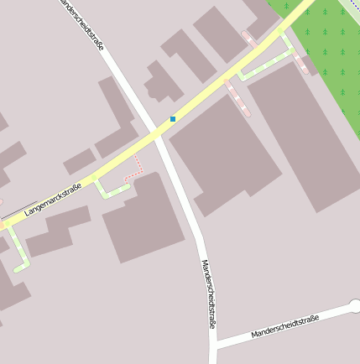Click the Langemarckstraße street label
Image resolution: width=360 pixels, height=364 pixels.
click(52, 200)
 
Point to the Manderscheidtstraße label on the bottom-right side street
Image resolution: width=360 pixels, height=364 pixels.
click(285, 326)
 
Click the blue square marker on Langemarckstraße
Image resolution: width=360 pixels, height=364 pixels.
click(173, 119)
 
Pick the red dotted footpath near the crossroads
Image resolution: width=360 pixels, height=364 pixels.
click(134, 170)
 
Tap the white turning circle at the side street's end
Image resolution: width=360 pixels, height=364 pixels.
click(355, 306)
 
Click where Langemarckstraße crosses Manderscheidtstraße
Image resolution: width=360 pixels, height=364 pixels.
click(159, 134)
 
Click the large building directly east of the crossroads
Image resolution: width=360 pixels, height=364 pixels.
click(222, 151)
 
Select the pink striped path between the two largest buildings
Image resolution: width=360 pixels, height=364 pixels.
click(238, 97)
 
